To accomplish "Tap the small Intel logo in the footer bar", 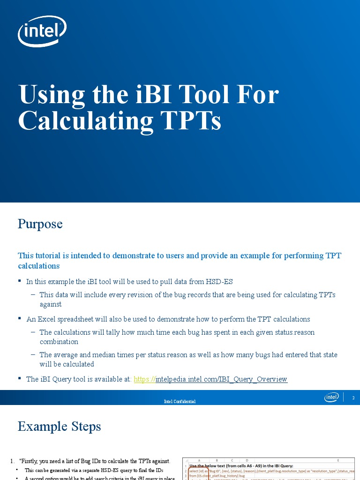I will pos(332,397).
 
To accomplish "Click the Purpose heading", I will pos(40,224).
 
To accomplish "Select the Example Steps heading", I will pos(59,427).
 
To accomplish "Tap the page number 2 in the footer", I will pos(353,398).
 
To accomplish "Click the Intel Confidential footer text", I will pos(180,402).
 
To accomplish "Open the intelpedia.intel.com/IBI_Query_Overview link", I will pos(221,379).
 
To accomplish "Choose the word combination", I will pos(59,342).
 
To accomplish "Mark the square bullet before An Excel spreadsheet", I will pos(20,318).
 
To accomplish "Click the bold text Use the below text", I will pos(211,465).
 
